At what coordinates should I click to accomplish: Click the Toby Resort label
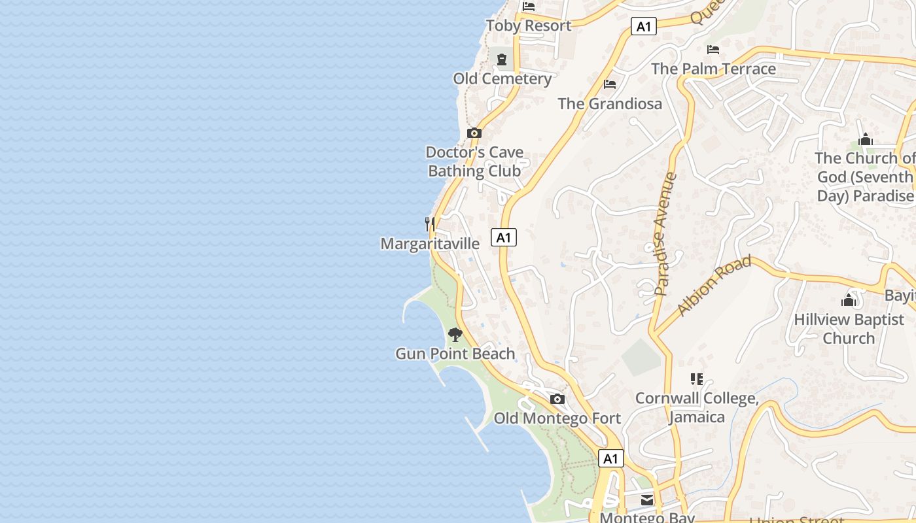[x=529, y=25]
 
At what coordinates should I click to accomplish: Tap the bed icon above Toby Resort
[x=529, y=7]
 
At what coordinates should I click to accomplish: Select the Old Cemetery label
[x=502, y=78]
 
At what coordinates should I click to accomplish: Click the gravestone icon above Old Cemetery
[x=502, y=60]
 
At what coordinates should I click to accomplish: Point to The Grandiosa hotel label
[x=610, y=103]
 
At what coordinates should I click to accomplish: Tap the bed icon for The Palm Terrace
[x=713, y=50]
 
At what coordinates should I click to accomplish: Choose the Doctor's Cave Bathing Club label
[x=474, y=161]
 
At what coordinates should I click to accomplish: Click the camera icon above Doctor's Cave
[x=474, y=133]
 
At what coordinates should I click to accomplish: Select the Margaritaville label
[x=430, y=244]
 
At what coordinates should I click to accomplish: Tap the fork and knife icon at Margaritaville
[x=430, y=224]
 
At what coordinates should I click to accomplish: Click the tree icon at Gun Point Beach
[x=455, y=335]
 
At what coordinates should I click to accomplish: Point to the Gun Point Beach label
[x=455, y=354]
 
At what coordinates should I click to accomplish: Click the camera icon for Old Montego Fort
[x=557, y=399]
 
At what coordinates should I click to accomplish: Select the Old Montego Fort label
[x=557, y=418]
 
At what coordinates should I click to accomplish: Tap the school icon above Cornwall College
[x=697, y=379]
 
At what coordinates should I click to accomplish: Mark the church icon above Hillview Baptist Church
[x=849, y=301]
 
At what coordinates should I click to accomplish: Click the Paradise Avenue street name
[x=665, y=233]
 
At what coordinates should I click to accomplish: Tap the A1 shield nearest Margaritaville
[x=504, y=237]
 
